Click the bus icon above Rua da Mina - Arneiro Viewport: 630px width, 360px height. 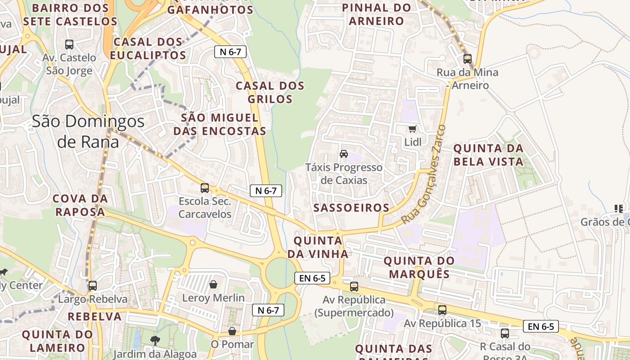pyautogui.click(x=467, y=59)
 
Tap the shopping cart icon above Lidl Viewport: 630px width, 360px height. pyautogui.click(x=412, y=129)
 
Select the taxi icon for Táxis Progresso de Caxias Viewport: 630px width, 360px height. pyautogui.click(x=344, y=154)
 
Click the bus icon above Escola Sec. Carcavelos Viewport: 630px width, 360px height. pyautogui.click(x=205, y=188)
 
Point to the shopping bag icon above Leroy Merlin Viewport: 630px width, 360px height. pyautogui.click(x=213, y=284)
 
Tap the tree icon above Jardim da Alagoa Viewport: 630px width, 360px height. pyautogui.click(x=155, y=341)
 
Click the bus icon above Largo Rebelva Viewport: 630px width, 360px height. pyautogui.click(x=93, y=286)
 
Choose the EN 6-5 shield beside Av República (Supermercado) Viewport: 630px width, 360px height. pyautogui.click(x=312, y=278)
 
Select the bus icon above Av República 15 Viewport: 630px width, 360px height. pyautogui.click(x=442, y=310)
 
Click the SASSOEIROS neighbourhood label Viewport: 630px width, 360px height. pyautogui.click(x=351, y=207)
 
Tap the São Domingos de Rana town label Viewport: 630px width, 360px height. pyautogui.click(x=88, y=131)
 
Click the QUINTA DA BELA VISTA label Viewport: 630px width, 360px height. pyautogui.click(x=488, y=155)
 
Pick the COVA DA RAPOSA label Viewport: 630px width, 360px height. pyautogui.click(x=80, y=205)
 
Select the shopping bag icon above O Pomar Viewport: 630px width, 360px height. pyautogui.click(x=232, y=331)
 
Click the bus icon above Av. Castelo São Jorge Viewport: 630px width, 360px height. pyautogui.click(x=69, y=45)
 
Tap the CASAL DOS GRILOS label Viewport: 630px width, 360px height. pyautogui.click(x=270, y=92)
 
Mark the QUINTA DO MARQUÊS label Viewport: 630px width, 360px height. pyautogui.click(x=419, y=267)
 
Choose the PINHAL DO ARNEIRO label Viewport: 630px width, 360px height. pyautogui.click(x=377, y=14)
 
